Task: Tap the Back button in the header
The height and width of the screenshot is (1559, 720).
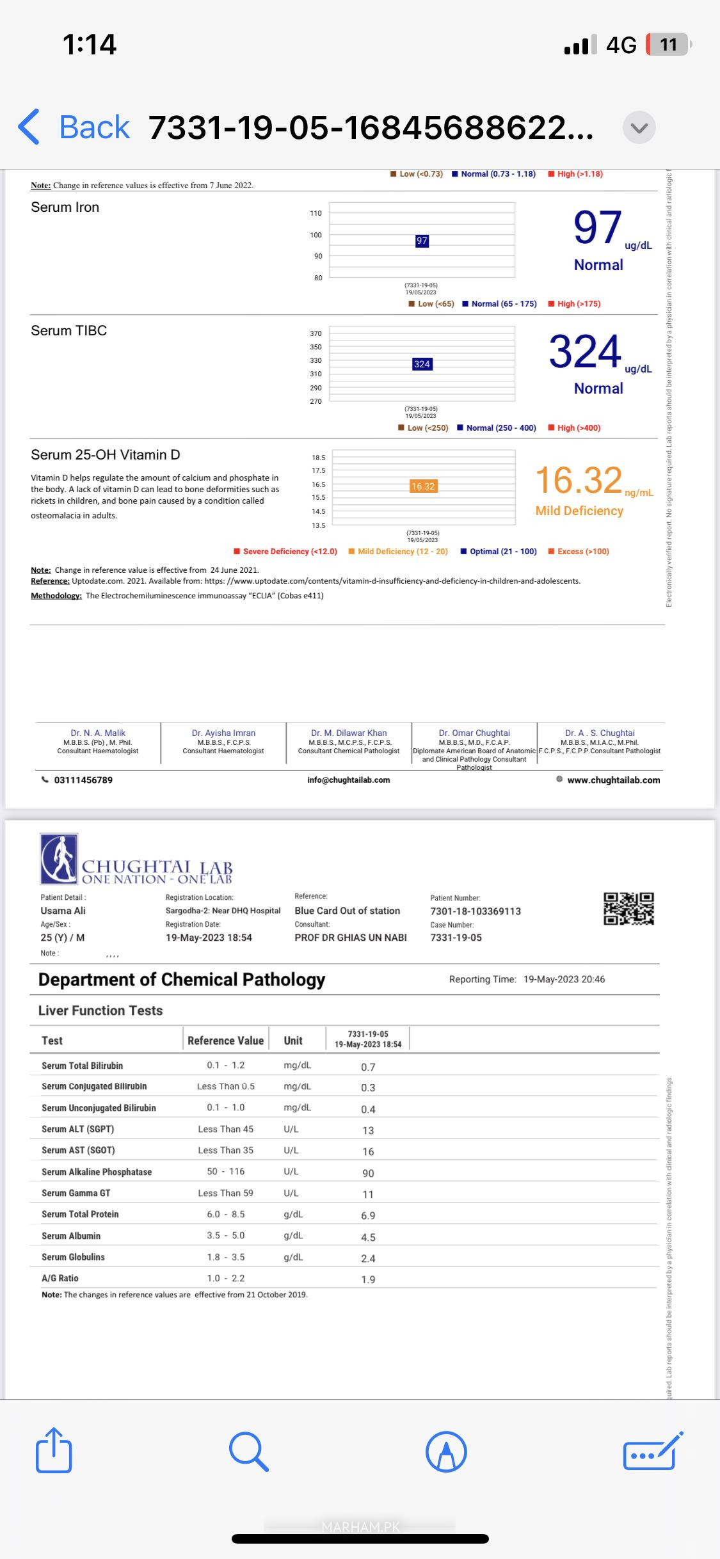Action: [x=74, y=127]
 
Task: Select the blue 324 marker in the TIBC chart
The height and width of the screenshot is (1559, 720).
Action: [x=422, y=364]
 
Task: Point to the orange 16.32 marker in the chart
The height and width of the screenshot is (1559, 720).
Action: [x=423, y=486]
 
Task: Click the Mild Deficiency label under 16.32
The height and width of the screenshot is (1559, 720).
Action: [x=579, y=511]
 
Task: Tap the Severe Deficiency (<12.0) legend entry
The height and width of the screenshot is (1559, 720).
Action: [x=285, y=552]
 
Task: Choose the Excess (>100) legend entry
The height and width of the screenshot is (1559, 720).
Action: [x=579, y=552]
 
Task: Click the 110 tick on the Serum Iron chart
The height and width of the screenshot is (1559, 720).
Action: [x=316, y=213]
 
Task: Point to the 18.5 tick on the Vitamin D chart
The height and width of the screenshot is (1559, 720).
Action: [x=318, y=458]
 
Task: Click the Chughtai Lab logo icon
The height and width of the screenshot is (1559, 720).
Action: [x=59, y=859]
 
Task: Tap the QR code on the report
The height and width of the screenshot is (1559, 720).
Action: [x=628, y=909]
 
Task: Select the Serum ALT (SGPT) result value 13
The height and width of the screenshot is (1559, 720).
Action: [x=368, y=1131]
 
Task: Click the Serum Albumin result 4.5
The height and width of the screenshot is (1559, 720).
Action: [x=368, y=1238]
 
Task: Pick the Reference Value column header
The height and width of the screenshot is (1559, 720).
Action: [x=225, y=1041]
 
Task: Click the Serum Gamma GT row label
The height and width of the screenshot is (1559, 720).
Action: [x=76, y=1193]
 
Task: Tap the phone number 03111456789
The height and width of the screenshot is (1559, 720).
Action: [x=87, y=780]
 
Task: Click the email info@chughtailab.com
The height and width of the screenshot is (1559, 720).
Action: [x=348, y=780]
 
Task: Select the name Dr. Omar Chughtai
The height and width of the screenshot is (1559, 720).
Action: [x=474, y=733]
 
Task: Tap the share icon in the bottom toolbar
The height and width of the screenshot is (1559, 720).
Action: [x=54, y=1451]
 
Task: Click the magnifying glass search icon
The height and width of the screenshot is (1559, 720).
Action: [x=248, y=1451]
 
